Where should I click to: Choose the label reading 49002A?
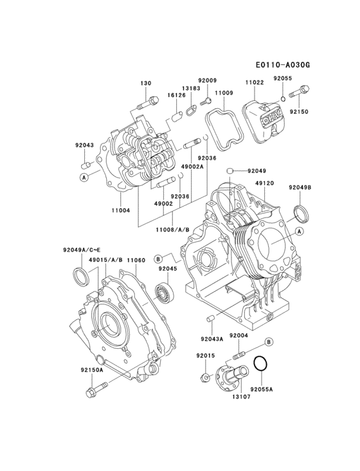tap(193, 166)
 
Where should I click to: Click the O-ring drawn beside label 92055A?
tap(260, 364)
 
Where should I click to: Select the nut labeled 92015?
tap(204, 376)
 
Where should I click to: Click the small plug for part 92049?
tap(228, 170)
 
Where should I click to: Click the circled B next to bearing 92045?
tap(157, 259)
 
